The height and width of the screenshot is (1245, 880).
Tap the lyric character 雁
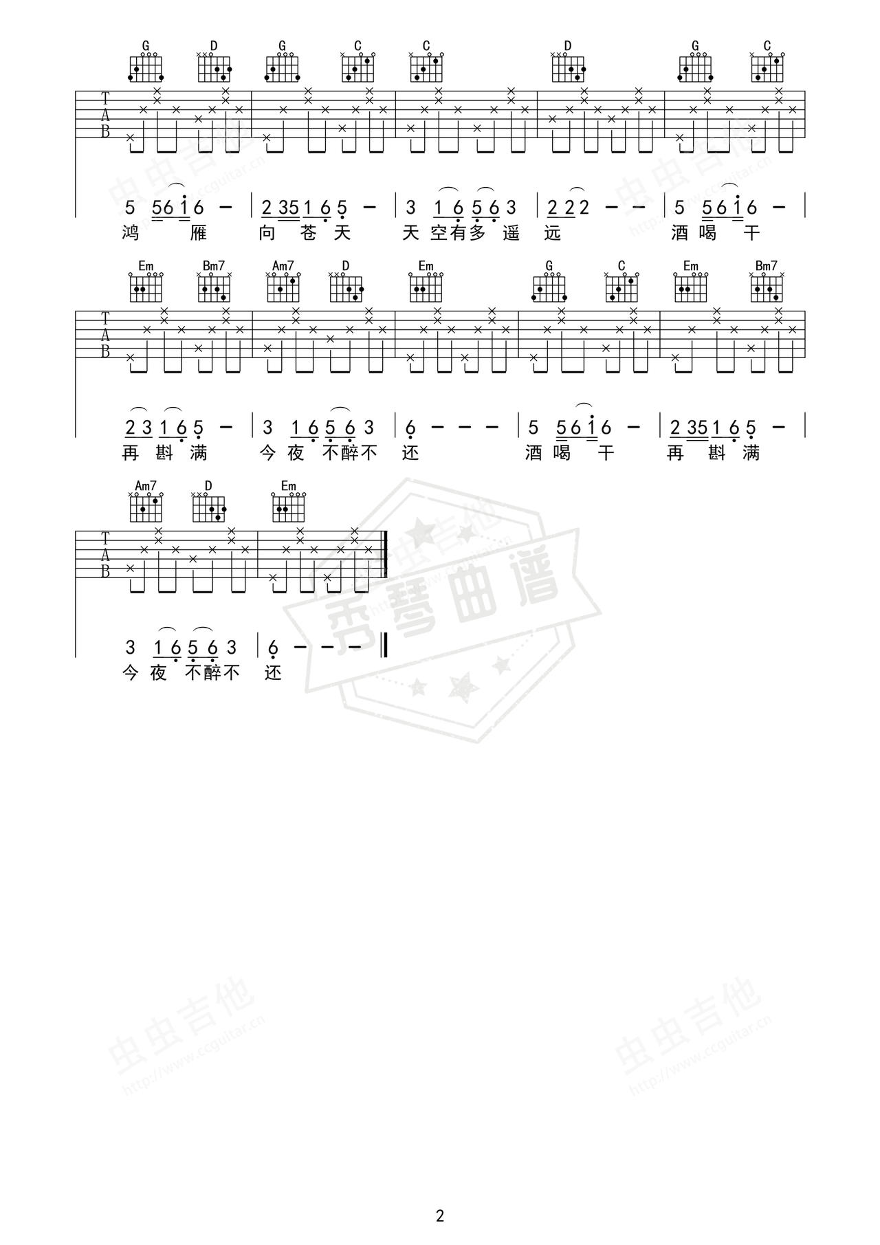(x=198, y=234)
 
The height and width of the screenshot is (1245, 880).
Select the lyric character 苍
(x=309, y=234)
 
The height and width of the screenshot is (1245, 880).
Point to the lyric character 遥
(x=511, y=234)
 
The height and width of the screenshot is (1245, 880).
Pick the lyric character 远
(x=552, y=234)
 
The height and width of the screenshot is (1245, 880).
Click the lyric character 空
(x=439, y=234)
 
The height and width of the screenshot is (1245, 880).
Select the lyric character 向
(x=267, y=234)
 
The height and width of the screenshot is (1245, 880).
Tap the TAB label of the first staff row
(x=105, y=115)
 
